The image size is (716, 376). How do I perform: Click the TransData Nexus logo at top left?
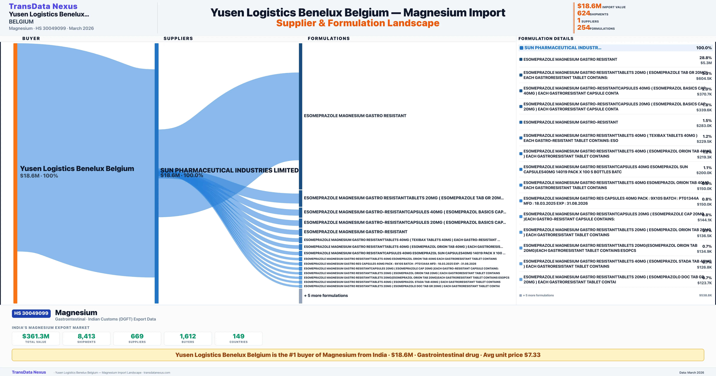point(43,6)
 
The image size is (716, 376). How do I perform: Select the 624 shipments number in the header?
point(583,13)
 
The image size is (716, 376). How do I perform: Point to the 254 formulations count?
point(583,28)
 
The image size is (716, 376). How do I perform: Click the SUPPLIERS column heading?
point(178,38)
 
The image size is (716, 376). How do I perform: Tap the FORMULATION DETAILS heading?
point(546,38)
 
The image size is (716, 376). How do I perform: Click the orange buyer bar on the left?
point(15,172)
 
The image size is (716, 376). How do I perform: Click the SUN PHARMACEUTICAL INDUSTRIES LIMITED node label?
point(229,170)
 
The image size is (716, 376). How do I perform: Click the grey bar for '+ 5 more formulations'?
point(300,296)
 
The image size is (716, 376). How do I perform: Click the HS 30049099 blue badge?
point(31,313)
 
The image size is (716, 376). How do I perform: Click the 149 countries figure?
point(239,336)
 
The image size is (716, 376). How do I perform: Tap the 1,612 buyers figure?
point(188,336)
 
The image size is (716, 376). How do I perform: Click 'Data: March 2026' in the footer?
point(692,372)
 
